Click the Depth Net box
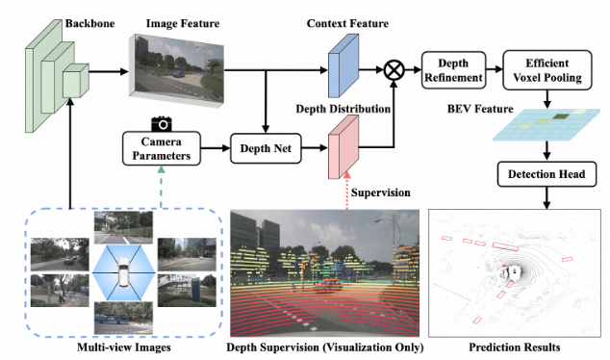click(266, 148)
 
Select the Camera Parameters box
click(162, 148)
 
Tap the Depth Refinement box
click(453, 70)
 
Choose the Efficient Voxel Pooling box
click(547, 70)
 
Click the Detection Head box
click(546, 174)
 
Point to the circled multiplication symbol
click(394, 70)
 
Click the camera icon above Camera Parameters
click(162, 124)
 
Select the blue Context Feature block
click(343, 65)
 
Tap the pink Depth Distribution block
click(343, 147)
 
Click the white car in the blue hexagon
click(124, 272)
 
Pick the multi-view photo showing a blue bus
click(123, 318)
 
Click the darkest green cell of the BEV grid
click(561, 116)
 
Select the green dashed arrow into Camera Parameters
click(161, 187)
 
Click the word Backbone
click(89, 23)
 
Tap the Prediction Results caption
click(515, 347)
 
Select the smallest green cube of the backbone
click(76, 81)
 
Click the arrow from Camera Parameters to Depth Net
click(216, 148)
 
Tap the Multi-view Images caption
click(124, 347)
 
